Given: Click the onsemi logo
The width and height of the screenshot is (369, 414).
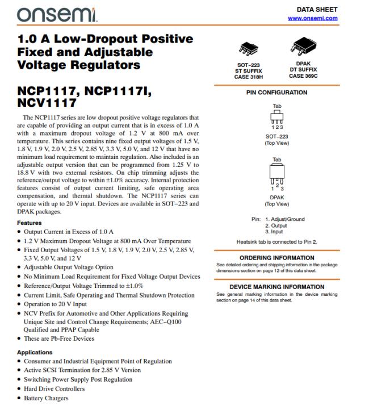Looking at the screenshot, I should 57,14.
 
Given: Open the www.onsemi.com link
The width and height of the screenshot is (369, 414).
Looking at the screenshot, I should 312,18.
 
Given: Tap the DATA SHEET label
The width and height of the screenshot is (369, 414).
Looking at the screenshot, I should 317,9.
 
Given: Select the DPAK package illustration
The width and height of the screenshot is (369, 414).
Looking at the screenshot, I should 303,46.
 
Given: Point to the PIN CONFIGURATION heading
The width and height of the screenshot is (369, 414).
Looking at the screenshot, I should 276,93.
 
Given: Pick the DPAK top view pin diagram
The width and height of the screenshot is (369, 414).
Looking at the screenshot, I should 277,174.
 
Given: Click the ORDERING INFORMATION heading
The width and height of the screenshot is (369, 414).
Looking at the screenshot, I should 276,258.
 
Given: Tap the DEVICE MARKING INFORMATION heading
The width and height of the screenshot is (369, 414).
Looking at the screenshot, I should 276,287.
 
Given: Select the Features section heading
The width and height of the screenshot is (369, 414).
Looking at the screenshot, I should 30,223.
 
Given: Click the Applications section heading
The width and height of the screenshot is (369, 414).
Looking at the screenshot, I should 35,352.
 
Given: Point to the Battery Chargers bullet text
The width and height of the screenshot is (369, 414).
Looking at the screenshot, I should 46,398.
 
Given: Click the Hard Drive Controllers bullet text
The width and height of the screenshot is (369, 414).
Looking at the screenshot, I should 54,389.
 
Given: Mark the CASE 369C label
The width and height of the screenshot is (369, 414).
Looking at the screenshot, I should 303,76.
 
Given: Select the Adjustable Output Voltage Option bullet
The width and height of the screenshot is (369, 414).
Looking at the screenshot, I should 68,267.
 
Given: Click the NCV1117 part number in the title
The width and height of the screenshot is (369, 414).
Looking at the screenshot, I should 47,103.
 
